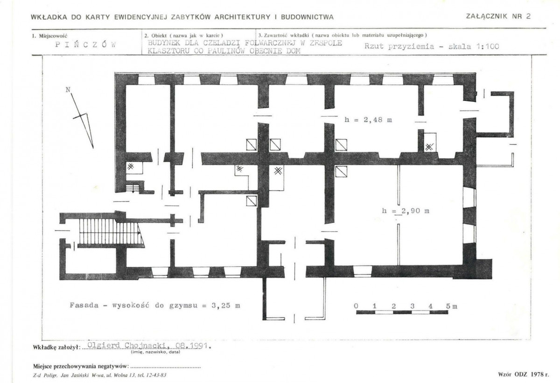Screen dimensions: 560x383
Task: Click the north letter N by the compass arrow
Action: tap(68, 90)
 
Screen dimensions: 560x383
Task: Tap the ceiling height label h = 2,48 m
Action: tap(368, 120)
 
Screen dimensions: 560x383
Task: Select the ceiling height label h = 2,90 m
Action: tap(406, 211)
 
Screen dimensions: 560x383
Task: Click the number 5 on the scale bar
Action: tap(448, 306)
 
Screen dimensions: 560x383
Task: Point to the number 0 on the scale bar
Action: tap(356, 306)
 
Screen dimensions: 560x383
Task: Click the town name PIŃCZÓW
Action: tap(85, 45)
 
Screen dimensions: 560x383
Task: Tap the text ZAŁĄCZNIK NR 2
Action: tap(498, 16)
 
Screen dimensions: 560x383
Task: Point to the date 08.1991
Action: tap(192, 346)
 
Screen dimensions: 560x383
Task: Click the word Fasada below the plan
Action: tap(84, 305)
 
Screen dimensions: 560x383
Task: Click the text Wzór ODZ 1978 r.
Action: tap(524, 375)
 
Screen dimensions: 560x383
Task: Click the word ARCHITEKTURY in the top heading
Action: tap(243, 17)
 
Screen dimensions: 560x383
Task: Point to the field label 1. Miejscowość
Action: tap(49, 36)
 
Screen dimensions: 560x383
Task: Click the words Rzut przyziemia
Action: tap(399, 47)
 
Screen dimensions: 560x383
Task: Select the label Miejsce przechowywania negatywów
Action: tap(81, 367)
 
